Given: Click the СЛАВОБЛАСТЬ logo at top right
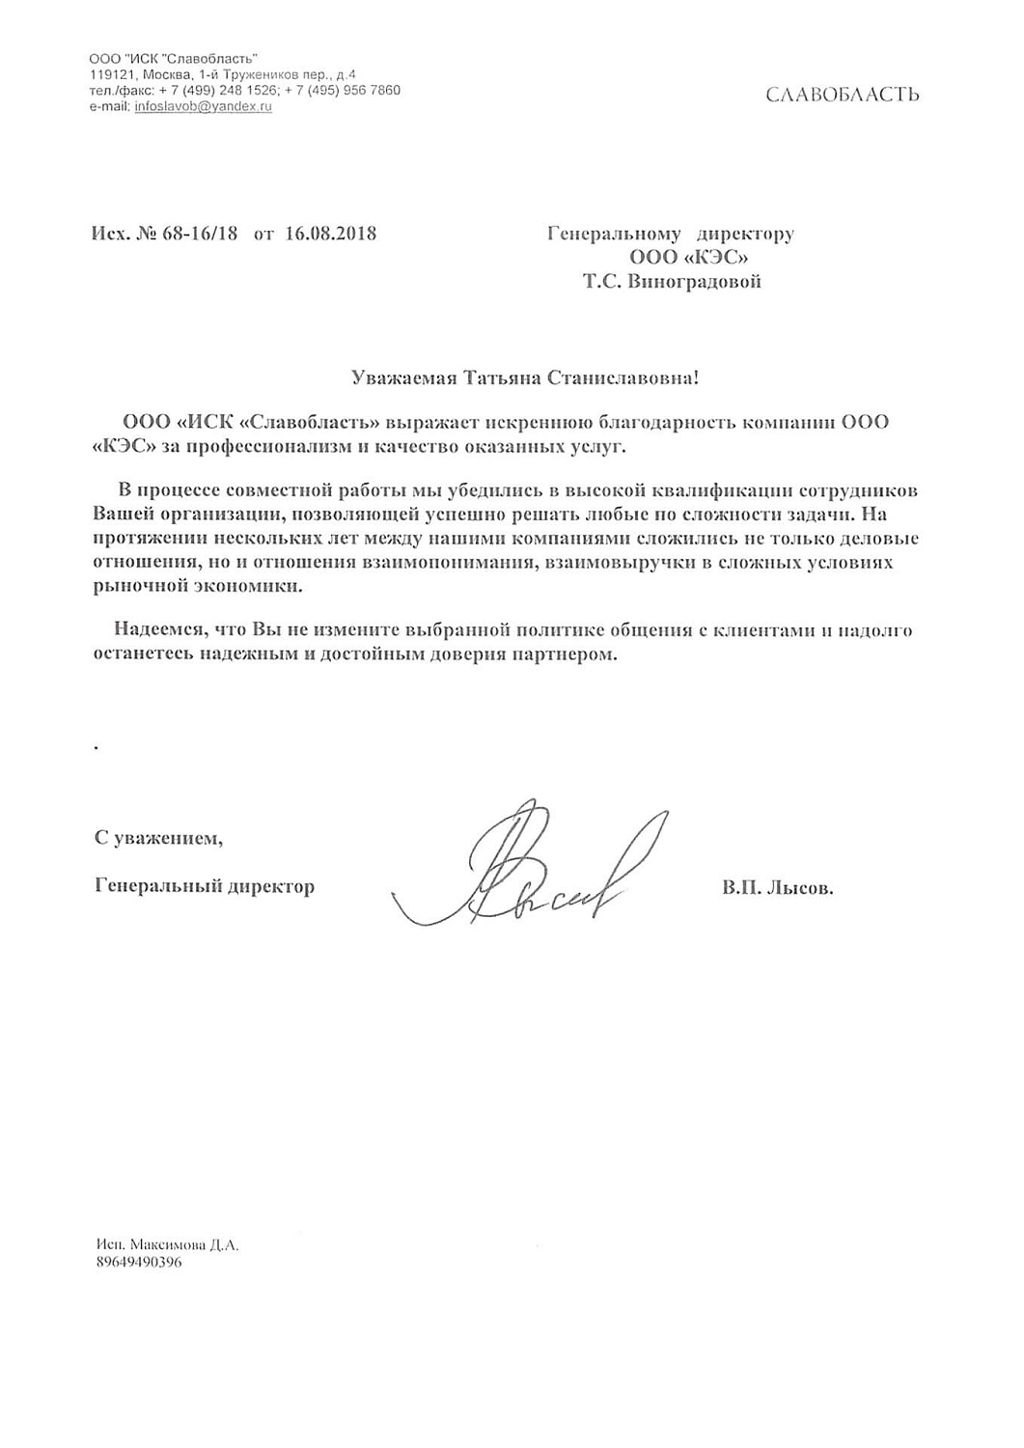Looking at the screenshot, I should tap(842, 95).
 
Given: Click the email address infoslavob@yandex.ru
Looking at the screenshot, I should tap(203, 106).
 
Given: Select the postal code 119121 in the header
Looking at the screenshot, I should tap(110, 74).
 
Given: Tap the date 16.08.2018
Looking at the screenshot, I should tap(331, 234).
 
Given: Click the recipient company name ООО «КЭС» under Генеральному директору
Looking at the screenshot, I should tap(688, 258).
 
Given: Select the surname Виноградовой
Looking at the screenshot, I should tap(695, 282).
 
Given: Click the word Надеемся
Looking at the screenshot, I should tap(157, 630).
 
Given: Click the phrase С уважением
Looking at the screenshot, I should tap(158, 838).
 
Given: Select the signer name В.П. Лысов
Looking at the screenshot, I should tap(777, 887).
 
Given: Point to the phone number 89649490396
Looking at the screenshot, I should tap(139, 1262).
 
